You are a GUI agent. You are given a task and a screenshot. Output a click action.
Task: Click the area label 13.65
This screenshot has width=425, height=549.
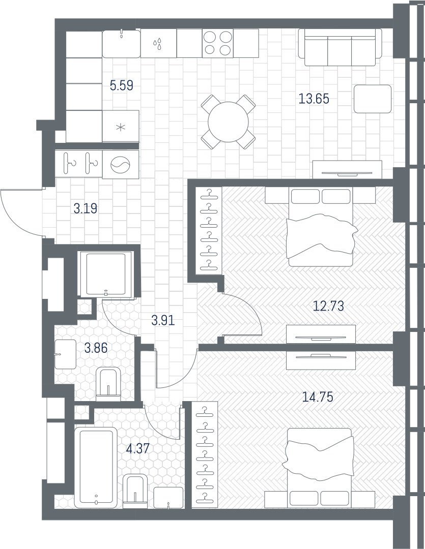tap(314, 99)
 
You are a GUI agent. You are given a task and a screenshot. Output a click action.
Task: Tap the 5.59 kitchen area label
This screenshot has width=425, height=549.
tap(121, 85)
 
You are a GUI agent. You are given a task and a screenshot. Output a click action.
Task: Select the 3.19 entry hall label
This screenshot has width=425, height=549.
tap(86, 209)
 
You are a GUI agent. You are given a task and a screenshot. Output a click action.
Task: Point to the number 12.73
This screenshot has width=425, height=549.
tap(328, 306)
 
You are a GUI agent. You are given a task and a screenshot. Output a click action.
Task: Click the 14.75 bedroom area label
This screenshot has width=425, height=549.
tap(318, 397)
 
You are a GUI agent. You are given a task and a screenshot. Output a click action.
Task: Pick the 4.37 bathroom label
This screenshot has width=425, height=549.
tap(138, 448)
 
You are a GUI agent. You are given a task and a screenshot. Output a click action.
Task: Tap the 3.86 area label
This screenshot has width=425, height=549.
tap(96, 348)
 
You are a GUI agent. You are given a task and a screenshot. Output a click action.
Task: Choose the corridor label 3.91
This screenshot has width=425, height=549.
tap(163, 320)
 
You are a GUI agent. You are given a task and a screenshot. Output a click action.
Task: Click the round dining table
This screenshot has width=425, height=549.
tap(229, 122)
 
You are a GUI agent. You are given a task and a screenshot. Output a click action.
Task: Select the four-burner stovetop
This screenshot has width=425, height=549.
tap(218, 43)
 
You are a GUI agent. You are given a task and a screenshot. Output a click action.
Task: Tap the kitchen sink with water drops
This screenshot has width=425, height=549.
tap(158, 43)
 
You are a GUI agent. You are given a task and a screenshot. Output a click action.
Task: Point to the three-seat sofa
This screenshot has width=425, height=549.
tap(340, 47)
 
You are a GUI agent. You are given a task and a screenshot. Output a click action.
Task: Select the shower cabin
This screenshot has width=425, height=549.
tap(106, 274)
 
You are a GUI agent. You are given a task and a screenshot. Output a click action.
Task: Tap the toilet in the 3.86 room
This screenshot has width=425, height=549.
tap(108, 384)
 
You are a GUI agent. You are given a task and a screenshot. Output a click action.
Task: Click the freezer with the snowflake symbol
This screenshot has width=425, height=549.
tap(120, 127)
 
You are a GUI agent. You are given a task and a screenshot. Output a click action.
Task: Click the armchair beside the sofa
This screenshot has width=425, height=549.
tap(373, 99)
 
